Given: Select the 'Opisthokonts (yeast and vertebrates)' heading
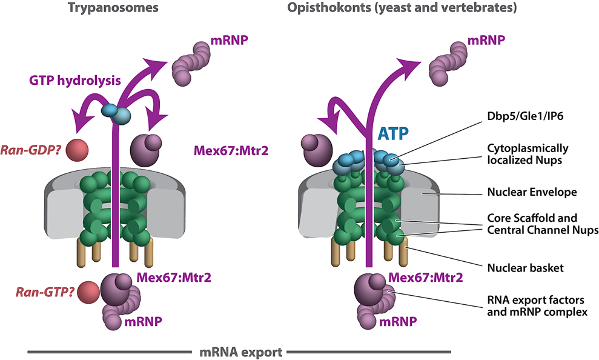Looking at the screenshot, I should [x=409, y=10].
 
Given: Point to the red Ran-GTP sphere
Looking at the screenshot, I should [x=88, y=292].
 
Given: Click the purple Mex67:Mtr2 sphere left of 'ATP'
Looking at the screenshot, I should [x=318, y=149].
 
